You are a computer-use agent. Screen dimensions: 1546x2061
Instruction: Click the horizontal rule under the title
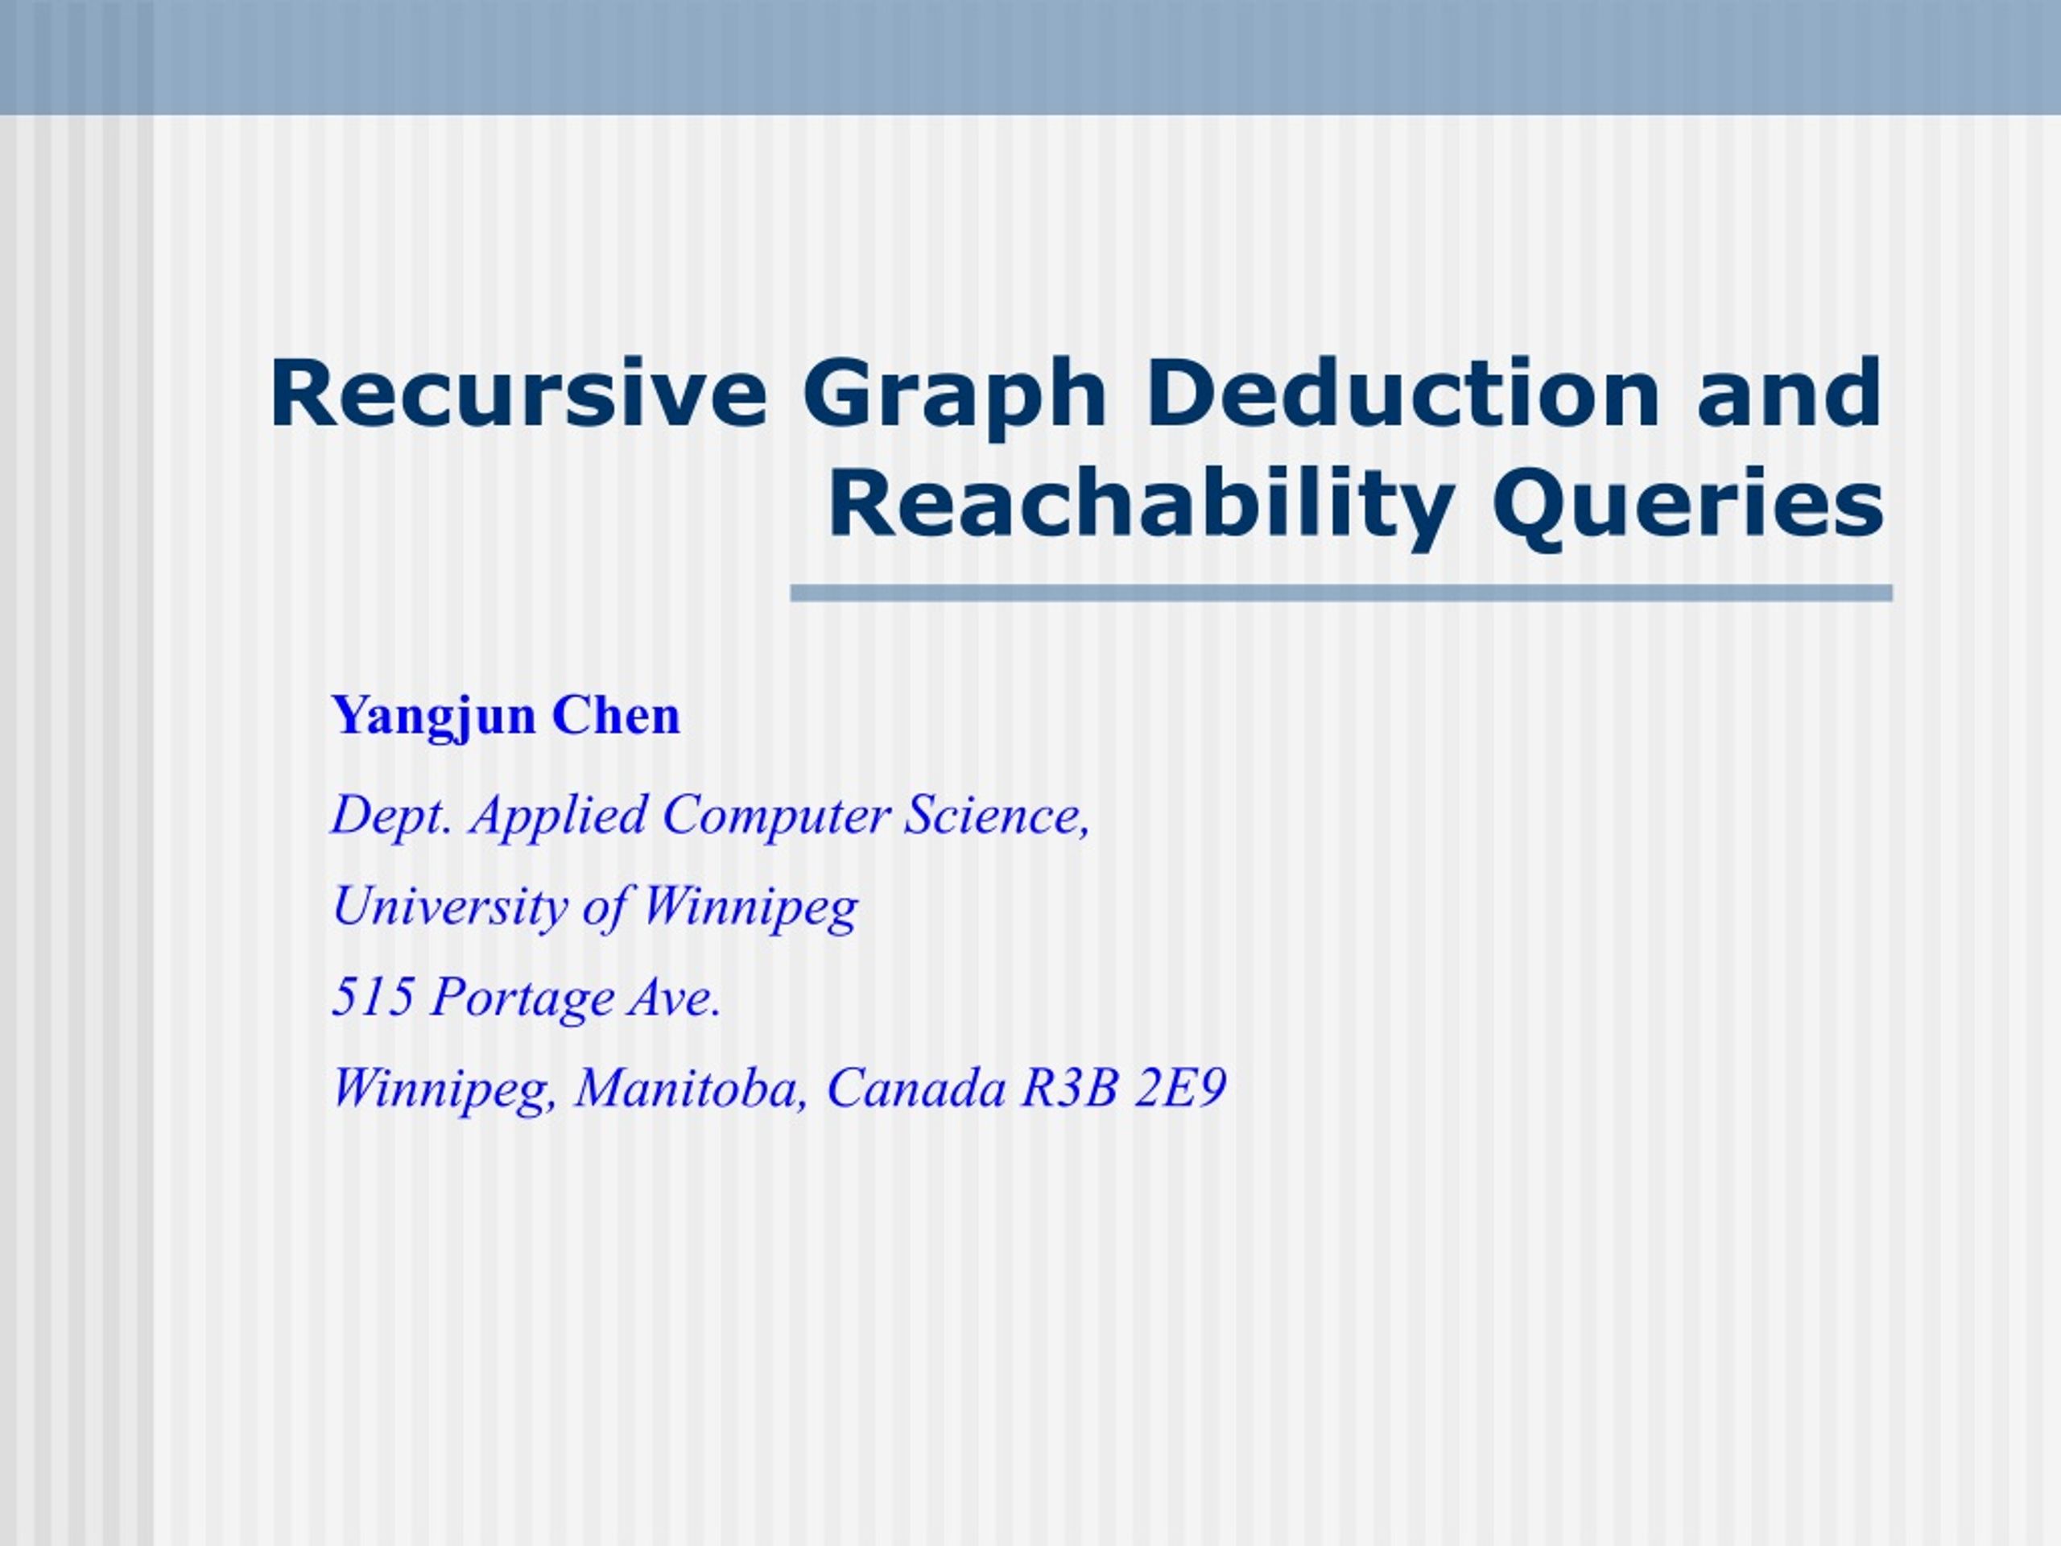[1342, 593]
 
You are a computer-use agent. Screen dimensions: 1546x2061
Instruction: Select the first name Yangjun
[433, 717]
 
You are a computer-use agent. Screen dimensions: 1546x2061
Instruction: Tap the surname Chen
[616, 716]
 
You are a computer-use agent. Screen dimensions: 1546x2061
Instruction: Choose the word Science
[996, 816]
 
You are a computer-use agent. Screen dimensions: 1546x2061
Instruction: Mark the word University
[448, 907]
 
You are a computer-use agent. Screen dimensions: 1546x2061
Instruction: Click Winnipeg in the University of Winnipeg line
[749, 907]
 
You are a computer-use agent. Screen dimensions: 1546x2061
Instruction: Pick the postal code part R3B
[1068, 1088]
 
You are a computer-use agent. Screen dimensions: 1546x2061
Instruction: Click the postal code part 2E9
[1179, 1088]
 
